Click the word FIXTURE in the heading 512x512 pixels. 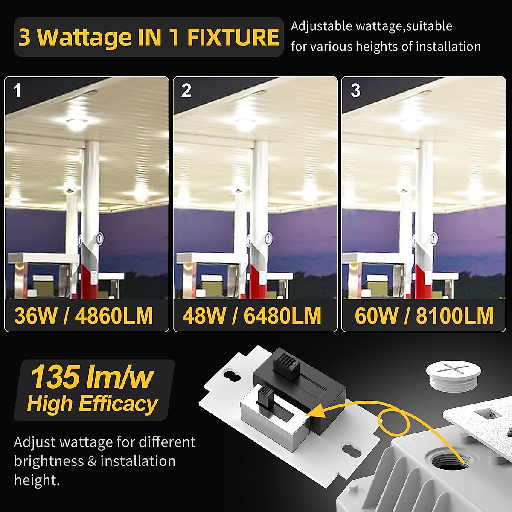233,37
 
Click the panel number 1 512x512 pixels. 17,90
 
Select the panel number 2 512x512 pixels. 186,90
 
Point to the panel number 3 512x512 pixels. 355,90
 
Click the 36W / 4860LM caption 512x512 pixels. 84,316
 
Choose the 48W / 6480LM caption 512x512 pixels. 252,316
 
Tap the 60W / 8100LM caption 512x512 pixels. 424,316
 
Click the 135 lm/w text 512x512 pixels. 92,377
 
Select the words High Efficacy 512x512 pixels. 92,404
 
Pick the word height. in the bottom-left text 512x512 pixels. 37,480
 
